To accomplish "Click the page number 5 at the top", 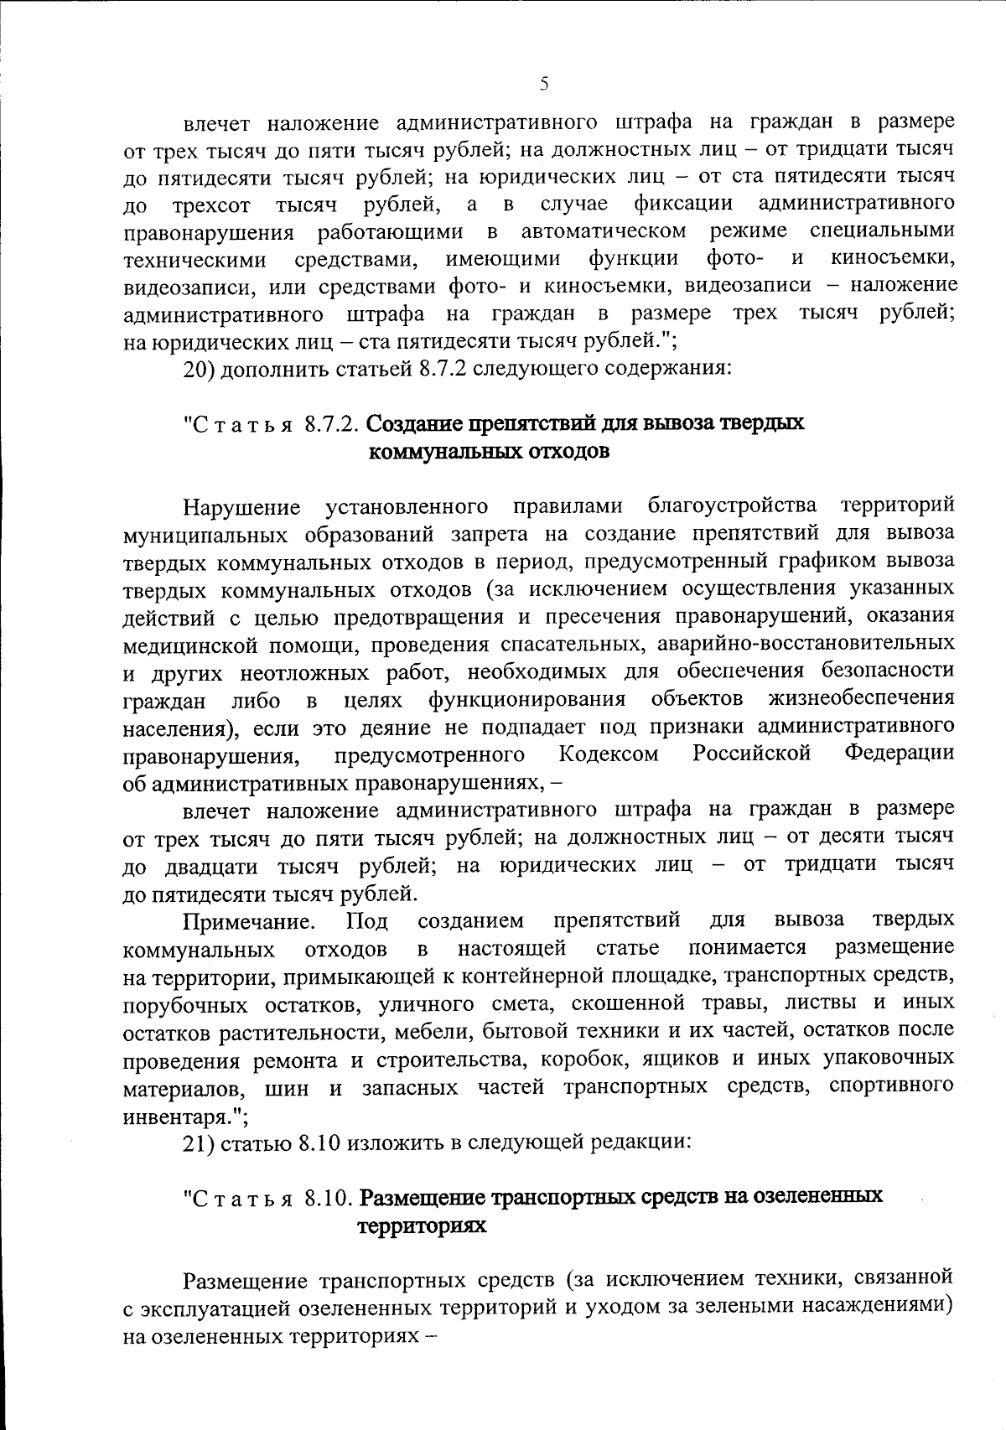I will click(544, 83).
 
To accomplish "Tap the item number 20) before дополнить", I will click(201, 369).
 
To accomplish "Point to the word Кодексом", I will click(609, 754).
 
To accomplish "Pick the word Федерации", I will click(899, 753).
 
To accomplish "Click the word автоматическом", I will click(604, 231).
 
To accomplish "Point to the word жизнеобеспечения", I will click(860, 699).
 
